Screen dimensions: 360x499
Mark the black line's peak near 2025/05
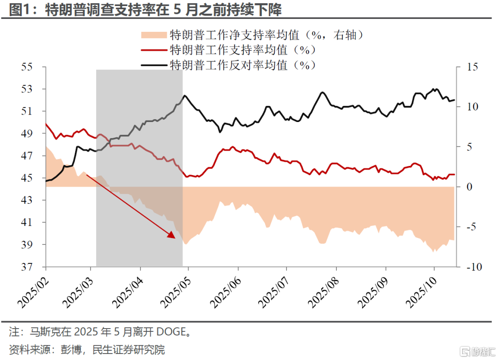[185, 96]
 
